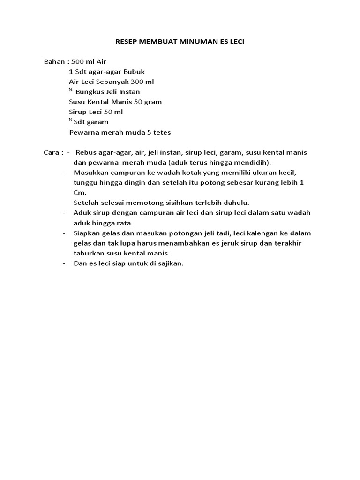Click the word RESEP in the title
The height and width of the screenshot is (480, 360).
click(125, 42)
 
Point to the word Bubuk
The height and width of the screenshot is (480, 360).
click(134, 72)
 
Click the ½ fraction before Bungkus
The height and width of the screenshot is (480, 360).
click(71, 90)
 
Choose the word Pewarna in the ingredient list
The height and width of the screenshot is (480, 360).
click(82, 132)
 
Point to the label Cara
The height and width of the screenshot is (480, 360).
click(51, 153)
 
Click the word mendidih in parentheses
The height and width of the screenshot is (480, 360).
click(256, 163)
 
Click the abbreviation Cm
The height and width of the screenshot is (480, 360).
click(79, 193)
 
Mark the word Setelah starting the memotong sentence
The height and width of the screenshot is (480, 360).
click(86, 202)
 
